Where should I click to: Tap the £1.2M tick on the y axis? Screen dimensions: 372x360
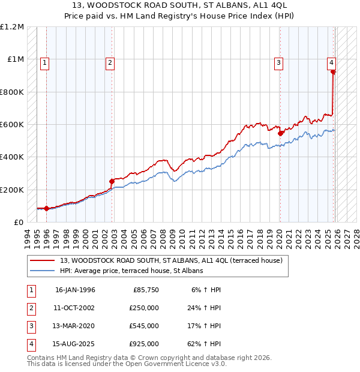tap(12, 27)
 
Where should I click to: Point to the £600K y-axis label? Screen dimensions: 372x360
tap(12, 125)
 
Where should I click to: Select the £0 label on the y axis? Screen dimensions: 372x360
tap(19, 222)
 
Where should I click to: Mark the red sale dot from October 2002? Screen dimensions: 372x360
tap(112, 181)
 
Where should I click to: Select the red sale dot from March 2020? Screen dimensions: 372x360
tap(280, 133)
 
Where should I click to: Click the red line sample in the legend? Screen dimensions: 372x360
tap(42, 260)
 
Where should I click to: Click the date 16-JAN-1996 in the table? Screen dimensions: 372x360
tap(75, 290)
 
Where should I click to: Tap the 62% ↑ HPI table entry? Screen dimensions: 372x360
tap(206, 344)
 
